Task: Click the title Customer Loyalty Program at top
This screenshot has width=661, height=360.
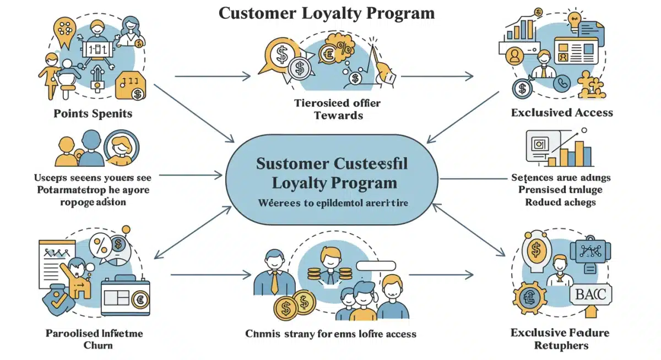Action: coord(327,13)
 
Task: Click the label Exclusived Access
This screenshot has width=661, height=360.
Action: coord(562,113)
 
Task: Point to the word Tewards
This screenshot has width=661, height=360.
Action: coord(338,116)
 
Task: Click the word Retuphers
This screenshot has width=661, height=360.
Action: coord(561,346)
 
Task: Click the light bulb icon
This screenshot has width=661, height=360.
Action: coord(575,18)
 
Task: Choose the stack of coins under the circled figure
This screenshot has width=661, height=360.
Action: coord(330,274)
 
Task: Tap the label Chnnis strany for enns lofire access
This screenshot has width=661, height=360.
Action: coord(330,334)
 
